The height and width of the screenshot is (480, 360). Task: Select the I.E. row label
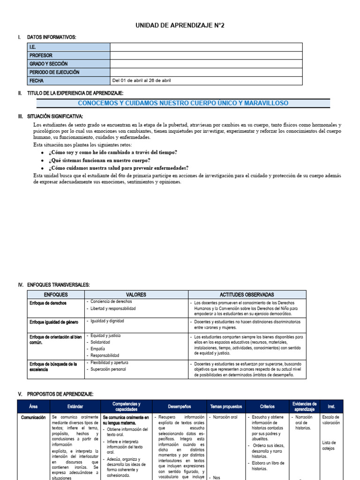33,47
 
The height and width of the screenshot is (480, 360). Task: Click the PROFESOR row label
41,55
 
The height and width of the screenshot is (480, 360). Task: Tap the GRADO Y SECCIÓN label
49,64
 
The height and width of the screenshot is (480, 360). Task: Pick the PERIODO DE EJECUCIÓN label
54,72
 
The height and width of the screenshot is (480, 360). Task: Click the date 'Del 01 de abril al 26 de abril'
142,81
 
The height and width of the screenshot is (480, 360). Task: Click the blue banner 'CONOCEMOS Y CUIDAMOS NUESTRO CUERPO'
183,103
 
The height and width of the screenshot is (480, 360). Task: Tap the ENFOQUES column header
56,295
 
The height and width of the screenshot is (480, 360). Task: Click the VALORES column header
136,295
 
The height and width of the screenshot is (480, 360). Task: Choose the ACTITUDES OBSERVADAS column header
247,295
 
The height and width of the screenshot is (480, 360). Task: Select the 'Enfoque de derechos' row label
48,303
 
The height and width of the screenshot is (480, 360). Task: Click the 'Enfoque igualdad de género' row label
54,322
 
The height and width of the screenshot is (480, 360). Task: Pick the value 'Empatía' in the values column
98,349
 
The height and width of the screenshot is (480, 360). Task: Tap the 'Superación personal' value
108,369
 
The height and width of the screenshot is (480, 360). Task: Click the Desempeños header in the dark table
179,406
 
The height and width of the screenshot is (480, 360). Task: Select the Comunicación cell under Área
33,417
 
